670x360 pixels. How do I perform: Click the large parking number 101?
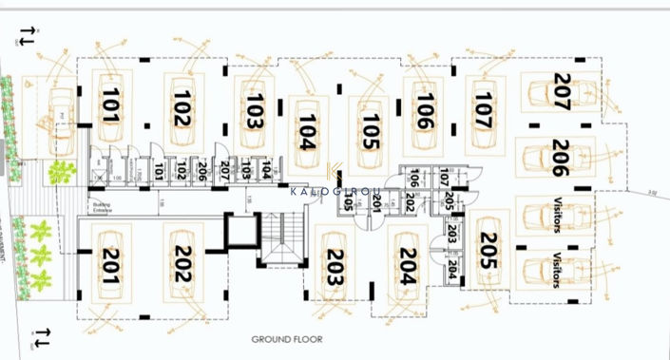(110, 105)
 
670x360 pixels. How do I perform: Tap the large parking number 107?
(482, 110)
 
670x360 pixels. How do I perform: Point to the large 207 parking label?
(561, 94)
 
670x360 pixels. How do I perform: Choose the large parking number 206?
(559, 157)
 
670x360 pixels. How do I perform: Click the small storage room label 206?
(201, 171)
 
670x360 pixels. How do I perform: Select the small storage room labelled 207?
(225, 171)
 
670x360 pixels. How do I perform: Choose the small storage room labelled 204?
(452, 271)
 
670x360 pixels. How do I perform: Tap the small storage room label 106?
(413, 179)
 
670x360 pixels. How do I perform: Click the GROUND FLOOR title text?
(287, 339)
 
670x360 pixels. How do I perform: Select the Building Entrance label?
(103, 205)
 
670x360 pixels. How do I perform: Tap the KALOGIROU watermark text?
(335, 190)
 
